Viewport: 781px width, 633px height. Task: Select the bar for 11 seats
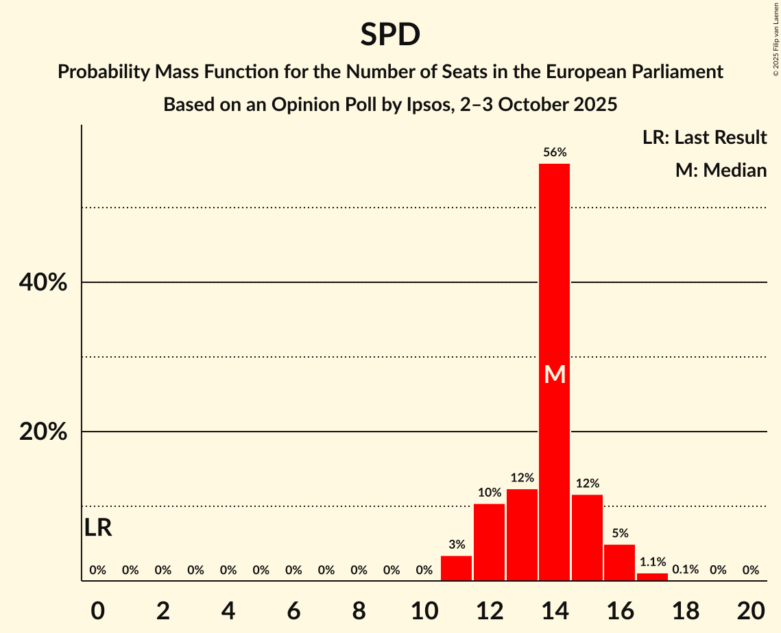(x=456, y=569)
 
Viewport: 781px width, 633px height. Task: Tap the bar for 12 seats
(x=489, y=543)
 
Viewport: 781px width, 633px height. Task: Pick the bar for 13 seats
(x=522, y=535)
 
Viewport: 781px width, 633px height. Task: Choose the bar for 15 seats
(x=587, y=538)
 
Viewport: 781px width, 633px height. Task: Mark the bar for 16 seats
(x=619, y=563)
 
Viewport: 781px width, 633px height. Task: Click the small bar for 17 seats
(x=652, y=578)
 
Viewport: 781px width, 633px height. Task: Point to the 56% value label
(x=555, y=153)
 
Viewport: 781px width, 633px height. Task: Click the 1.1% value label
(x=652, y=562)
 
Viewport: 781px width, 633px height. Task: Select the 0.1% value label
(x=685, y=570)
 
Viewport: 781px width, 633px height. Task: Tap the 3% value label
(x=457, y=545)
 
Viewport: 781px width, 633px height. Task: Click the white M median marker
(x=555, y=375)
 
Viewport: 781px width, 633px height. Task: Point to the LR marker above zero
(x=98, y=528)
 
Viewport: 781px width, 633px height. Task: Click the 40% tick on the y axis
(x=43, y=282)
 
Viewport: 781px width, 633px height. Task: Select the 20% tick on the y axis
(x=43, y=432)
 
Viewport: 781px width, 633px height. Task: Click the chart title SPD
(x=390, y=35)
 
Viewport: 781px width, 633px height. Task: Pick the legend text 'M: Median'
(x=721, y=170)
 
